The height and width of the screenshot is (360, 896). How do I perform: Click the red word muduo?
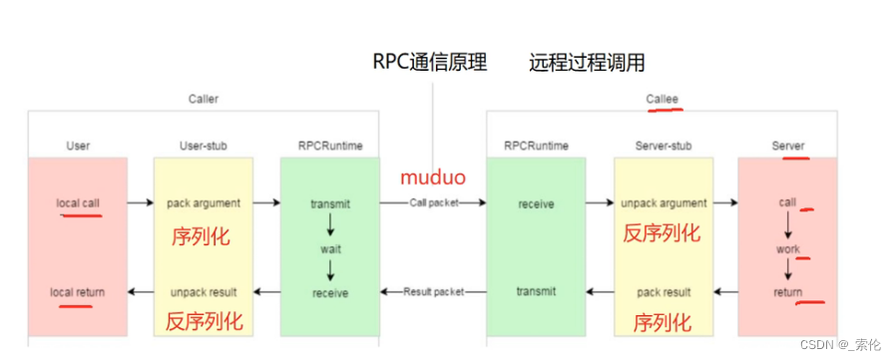433,179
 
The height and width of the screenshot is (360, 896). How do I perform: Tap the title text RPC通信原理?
431,63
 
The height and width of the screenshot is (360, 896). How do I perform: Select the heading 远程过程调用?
587,63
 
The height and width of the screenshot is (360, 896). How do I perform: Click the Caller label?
204,99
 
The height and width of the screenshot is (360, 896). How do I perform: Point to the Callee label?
663,99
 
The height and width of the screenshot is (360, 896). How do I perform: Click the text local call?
78,203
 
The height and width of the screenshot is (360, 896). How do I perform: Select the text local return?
78,292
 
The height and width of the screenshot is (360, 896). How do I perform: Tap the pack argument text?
204,203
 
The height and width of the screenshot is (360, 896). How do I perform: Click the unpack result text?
204,292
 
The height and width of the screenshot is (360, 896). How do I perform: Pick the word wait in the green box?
330,247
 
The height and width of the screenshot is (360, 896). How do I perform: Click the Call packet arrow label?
433,203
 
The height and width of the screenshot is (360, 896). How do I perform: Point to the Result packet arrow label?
433,292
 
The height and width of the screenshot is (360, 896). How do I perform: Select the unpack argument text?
663,203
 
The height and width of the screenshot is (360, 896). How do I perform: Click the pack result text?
663,292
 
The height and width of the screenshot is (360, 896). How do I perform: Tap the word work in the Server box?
788,247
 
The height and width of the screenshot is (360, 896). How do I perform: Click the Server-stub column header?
663,146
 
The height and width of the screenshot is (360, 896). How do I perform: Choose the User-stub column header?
204,146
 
